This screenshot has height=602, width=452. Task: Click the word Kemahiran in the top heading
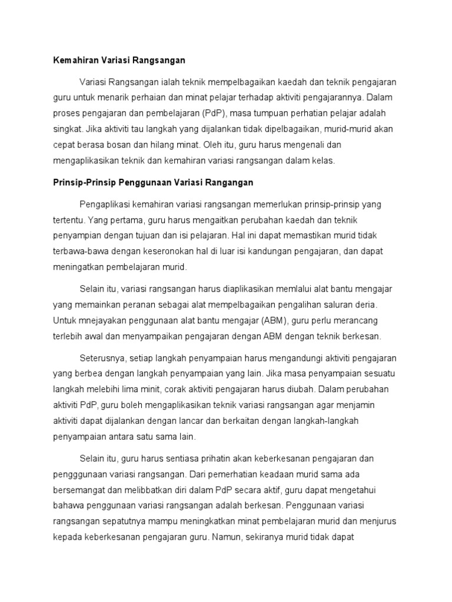click(71, 60)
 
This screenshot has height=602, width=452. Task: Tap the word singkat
click(63, 128)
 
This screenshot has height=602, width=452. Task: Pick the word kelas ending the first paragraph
click(323, 160)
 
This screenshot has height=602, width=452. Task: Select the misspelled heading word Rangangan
click(228, 182)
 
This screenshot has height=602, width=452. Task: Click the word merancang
click(358, 321)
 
